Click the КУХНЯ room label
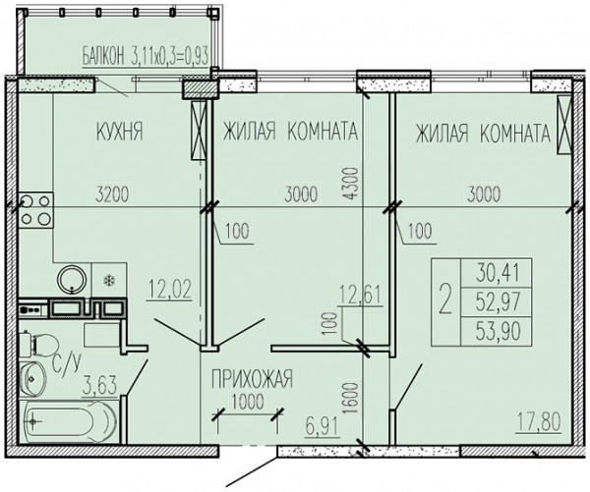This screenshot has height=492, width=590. pyautogui.click(x=120, y=132)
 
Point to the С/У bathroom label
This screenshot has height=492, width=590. pyautogui.click(x=66, y=364)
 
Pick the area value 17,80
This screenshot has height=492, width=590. pyautogui.click(x=539, y=421)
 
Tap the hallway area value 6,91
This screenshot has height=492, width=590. pyautogui.click(x=323, y=427)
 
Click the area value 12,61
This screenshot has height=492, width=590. pyautogui.click(x=361, y=295)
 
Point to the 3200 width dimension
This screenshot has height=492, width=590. pyautogui.click(x=112, y=194)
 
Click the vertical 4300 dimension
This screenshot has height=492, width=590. pyautogui.click(x=350, y=184)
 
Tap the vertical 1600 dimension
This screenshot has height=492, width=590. pyautogui.click(x=350, y=399)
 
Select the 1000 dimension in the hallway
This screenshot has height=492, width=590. pyautogui.click(x=248, y=402)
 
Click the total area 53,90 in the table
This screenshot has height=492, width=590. pyautogui.click(x=499, y=331)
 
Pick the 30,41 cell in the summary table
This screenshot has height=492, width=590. pyautogui.click(x=498, y=273)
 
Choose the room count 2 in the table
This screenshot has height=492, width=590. pyautogui.click(x=445, y=301)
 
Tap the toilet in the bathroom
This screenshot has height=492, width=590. pyautogui.click(x=38, y=345)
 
